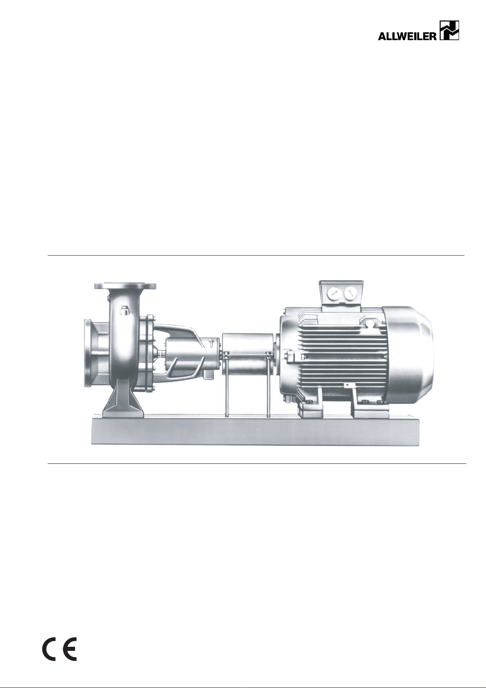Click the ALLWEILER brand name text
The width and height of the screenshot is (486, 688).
407,36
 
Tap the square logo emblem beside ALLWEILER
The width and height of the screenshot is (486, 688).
449,30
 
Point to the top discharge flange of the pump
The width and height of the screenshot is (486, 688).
125,286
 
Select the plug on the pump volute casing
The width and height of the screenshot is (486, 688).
124,311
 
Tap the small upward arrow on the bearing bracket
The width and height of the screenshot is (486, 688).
211,343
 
